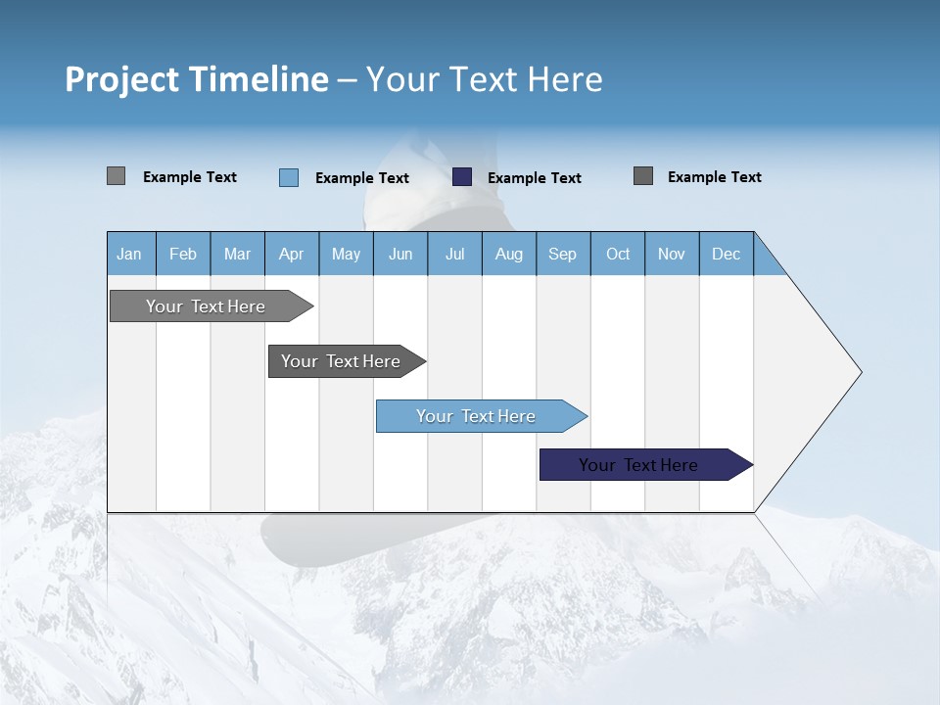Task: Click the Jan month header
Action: (129, 254)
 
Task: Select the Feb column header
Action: (183, 254)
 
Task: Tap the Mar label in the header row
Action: (237, 254)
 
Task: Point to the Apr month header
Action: (291, 254)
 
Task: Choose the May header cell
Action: (346, 254)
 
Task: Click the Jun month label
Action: (400, 254)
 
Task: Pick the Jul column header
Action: (454, 254)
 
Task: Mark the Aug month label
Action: (509, 254)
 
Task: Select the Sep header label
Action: (562, 254)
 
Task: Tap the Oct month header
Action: (618, 254)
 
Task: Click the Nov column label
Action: (672, 254)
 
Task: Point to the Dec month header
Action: (726, 254)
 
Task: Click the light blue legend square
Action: (289, 177)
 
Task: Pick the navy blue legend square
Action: (462, 177)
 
